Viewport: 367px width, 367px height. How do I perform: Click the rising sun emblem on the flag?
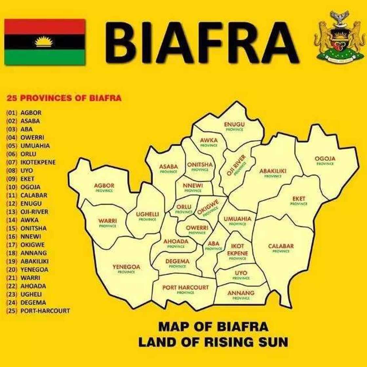pyautogui.click(x=44, y=42)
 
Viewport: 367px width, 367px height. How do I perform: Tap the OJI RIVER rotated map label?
pyautogui.click(x=236, y=166)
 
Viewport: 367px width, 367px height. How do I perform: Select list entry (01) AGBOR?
pyautogui.click(x=24, y=113)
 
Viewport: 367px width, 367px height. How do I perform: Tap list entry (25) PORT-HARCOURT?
pyautogui.click(x=38, y=311)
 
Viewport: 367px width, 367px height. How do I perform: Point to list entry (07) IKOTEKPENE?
pyautogui.click(x=31, y=162)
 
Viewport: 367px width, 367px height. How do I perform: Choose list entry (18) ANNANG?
pyautogui.click(x=27, y=253)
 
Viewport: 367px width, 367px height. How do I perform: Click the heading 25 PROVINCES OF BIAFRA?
pyautogui.click(x=64, y=98)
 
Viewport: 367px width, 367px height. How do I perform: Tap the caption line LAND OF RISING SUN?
pyautogui.click(x=213, y=342)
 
